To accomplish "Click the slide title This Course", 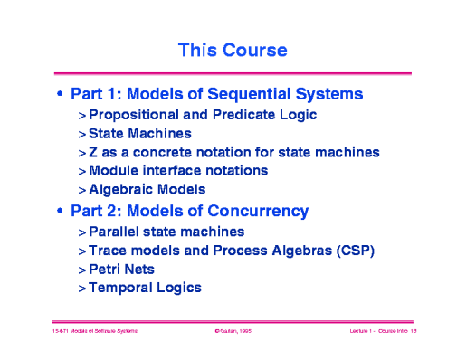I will (x=233, y=48).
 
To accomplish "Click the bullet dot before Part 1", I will (x=60, y=94).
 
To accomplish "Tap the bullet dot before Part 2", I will (x=60, y=212).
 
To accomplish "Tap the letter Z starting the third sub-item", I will (x=93, y=152).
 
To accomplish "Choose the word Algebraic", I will (x=122, y=190).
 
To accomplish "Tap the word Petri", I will (x=105, y=269).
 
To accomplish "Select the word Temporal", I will (x=121, y=288).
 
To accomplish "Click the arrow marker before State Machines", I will (x=81, y=134).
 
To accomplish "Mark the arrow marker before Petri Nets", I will (x=81, y=269).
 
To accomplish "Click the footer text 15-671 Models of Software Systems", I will (x=94, y=333).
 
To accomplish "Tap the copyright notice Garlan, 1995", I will (x=233, y=333).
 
